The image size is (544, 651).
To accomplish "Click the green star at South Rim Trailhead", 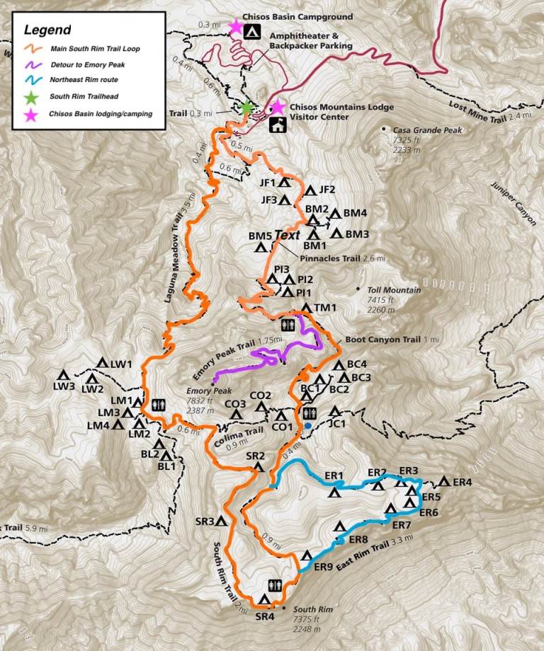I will pyautogui.click(x=246, y=108).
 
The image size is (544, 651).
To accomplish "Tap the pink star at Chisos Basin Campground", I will pyautogui.click(x=235, y=27).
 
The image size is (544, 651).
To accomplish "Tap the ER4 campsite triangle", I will pyautogui.click(x=443, y=482).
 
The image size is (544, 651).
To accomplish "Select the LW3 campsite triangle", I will pyautogui.click(x=63, y=374).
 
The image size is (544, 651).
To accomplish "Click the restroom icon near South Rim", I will pyautogui.click(x=275, y=585).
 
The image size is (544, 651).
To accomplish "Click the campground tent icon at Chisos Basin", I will pyautogui.click(x=251, y=32).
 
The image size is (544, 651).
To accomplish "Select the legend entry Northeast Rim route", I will pyautogui.click(x=84, y=80).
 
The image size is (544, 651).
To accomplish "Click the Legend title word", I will pyautogui.click(x=47, y=30).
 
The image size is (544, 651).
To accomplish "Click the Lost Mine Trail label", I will pyautogui.click(x=482, y=110).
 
